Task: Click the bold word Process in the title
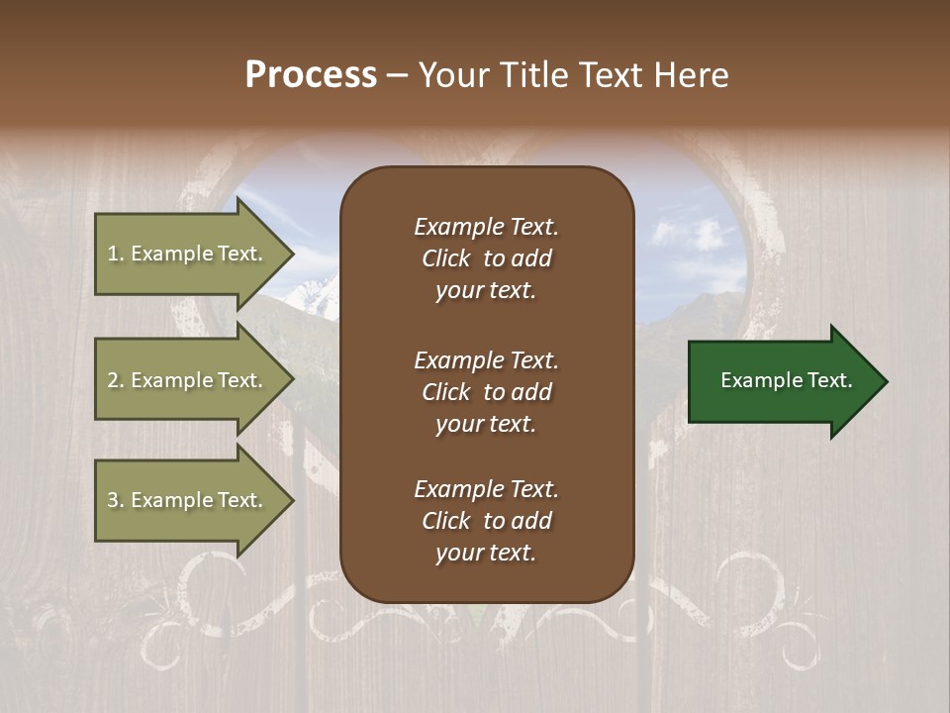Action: click(x=311, y=75)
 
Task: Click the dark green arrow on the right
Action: click(x=782, y=381)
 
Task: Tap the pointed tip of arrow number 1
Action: click(x=290, y=255)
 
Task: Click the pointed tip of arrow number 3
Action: click(x=290, y=501)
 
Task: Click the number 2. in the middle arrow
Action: click(x=116, y=380)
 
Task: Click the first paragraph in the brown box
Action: click(x=486, y=258)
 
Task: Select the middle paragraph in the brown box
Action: click(x=486, y=392)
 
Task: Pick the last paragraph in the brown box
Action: click(x=486, y=521)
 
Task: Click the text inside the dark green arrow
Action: click(x=786, y=380)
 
